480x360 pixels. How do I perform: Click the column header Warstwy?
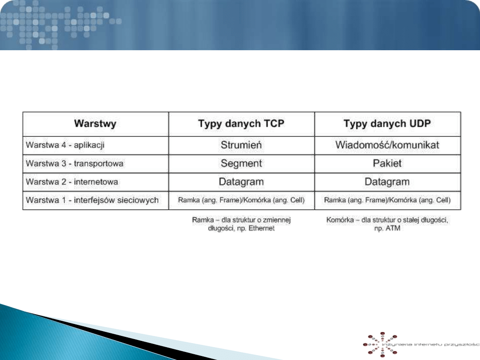(x=95, y=124)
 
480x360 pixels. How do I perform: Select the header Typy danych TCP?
(x=241, y=124)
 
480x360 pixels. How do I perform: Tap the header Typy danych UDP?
(x=387, y=124)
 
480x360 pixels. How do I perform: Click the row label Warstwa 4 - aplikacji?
(x=65, y=145)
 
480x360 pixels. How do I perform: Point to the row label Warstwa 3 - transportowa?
(x=74, y=164)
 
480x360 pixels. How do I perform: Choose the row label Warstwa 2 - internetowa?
(x=72, y=182)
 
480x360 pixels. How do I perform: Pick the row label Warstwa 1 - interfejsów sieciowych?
(x=92, y=200)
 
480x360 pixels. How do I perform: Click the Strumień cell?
(x=241, y=145)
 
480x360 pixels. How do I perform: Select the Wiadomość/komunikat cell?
(x=387, y=145)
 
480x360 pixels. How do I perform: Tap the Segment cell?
(x=241, y=164)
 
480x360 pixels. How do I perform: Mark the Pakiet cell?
(x=387, y=163)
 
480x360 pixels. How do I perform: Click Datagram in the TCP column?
(x=241, y=182)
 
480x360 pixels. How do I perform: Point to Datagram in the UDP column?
(x=387, y=182)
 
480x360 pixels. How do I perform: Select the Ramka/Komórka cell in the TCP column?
(x=241, y=200)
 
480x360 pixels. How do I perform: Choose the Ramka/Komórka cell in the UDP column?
(x=387, y=200)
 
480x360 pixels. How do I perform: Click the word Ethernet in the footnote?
(x=261, y=228)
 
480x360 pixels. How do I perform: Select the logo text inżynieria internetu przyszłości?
(x=431, y=345)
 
